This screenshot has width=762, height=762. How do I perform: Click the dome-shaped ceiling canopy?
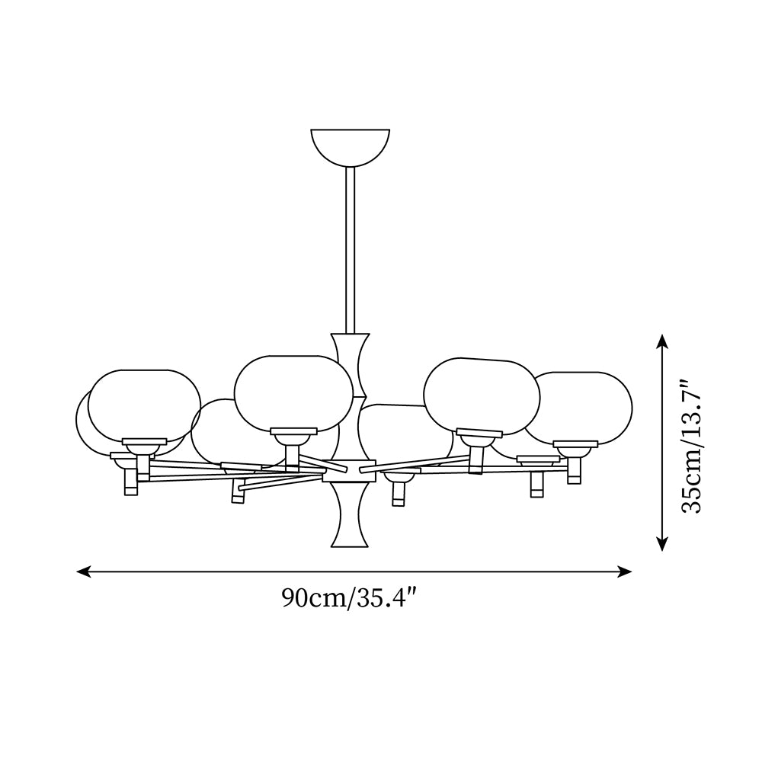(350, 146)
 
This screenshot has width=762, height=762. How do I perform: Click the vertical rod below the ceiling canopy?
(350, 250)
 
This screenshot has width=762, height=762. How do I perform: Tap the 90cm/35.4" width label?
(350, 597)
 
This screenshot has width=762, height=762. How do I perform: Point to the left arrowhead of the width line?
(83, 571)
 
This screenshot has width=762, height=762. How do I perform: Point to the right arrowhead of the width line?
(626, 571)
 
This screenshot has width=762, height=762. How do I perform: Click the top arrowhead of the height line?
(661, 341)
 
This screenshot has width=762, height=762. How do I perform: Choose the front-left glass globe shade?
(144, 405)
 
